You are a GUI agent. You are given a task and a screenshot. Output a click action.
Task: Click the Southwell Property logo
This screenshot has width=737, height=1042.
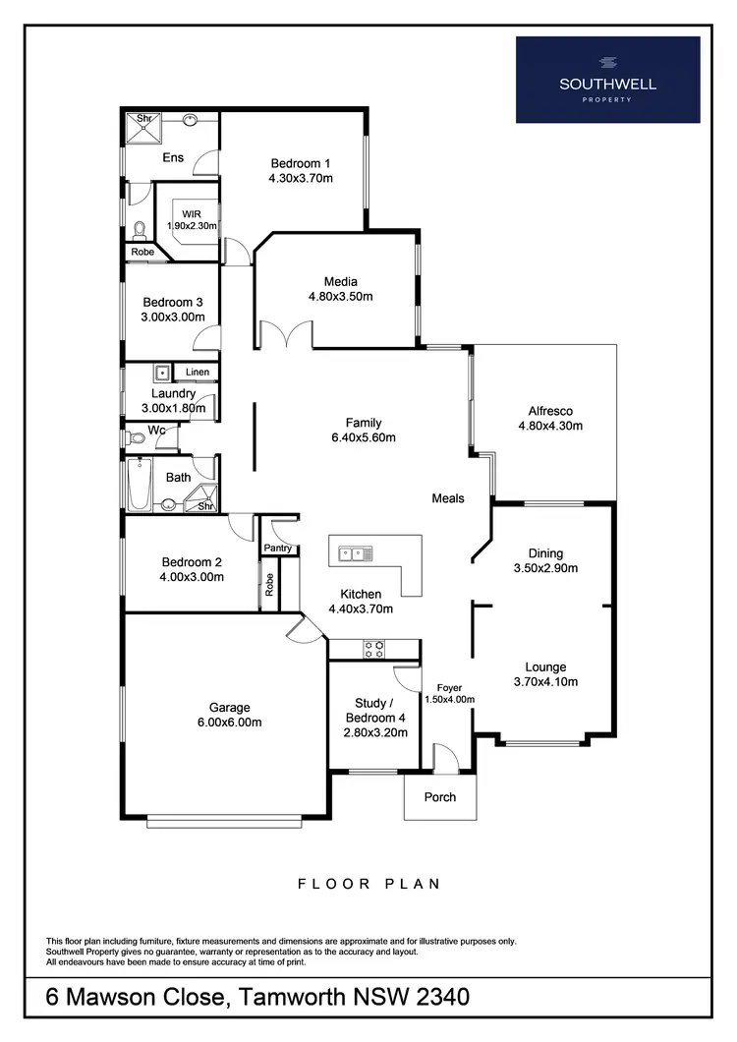click(x=607, y=80)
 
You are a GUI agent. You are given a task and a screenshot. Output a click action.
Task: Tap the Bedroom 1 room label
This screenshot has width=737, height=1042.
click(x=301, y=163)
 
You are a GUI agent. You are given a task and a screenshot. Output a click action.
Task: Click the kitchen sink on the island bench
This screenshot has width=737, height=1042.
click(x=354, y=553)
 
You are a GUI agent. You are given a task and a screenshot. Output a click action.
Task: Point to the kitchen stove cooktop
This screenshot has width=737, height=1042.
click(x=374, y=649)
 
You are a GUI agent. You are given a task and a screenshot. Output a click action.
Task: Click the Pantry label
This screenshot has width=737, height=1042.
click(x=279, y=548)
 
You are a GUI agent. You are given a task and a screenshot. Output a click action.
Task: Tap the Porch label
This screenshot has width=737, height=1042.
click(x=439, y=796)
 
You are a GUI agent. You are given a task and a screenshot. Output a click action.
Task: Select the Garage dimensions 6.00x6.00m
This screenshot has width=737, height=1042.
click(x=229, y=723)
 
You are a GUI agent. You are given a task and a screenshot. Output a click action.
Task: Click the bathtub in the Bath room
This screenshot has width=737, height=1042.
click(x=140, y=487)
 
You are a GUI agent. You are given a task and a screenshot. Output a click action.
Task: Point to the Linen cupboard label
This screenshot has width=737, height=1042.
click(x=197, y=373)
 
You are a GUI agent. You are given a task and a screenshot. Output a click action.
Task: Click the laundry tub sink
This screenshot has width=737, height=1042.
click(x=161, y=373)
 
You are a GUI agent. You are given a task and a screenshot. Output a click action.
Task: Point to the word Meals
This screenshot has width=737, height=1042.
click(x=447, y=498)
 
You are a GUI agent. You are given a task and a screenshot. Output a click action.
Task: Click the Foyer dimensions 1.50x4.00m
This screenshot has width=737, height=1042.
click(x=448, y=700)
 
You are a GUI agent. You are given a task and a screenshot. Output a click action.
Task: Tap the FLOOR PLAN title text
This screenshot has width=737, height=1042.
click(x=368, y=884)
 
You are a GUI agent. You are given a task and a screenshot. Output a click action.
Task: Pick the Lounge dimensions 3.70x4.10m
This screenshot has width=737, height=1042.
click(x=544, y=681)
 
